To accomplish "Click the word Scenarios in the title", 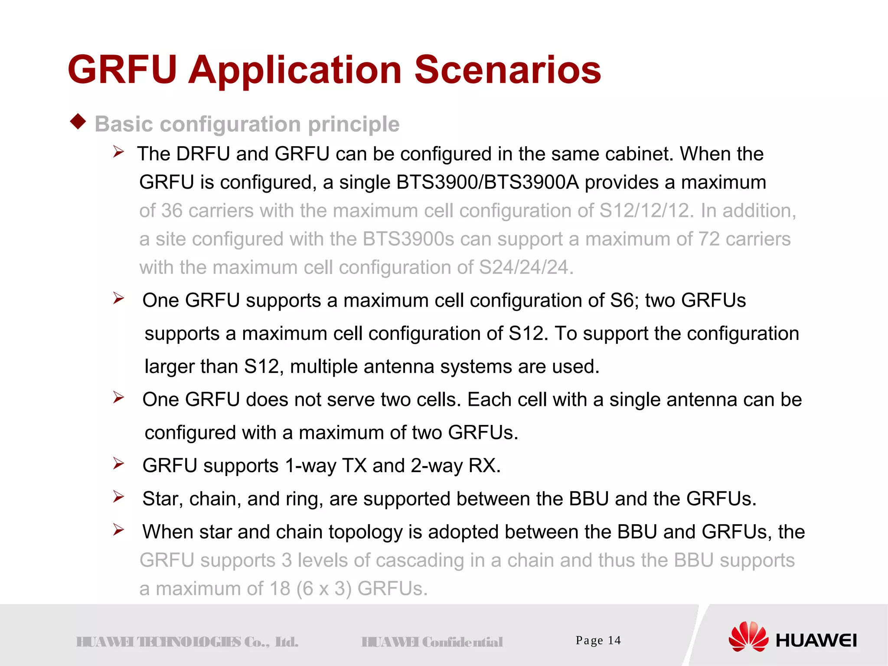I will tap(507, 70).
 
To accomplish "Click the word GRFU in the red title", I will tap(122, 70).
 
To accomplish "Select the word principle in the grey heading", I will tap(353, 124).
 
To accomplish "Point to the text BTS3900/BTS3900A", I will tap(487, 183).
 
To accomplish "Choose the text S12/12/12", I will tap(643, 211).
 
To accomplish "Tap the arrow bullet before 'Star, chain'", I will tap(118, 497).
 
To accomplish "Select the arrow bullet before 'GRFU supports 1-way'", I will tap(118, 464).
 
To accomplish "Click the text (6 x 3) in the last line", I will tap(323, 589).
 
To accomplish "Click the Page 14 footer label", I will tap(598, 640).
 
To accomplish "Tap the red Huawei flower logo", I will tap(748, 637).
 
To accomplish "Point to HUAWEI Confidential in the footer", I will tap(432, 642).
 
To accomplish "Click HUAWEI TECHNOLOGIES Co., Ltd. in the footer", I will tap(187, 642).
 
